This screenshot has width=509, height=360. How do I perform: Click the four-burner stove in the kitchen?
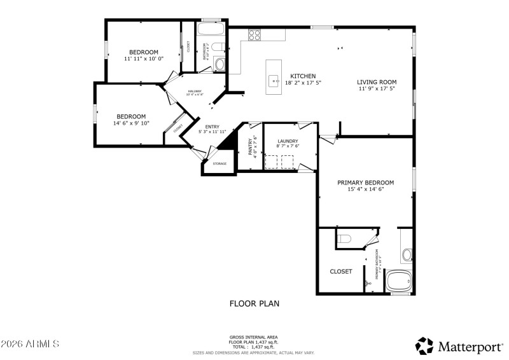254,35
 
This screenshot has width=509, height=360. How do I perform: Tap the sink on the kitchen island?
275,81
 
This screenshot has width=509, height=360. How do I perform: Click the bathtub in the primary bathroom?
400,280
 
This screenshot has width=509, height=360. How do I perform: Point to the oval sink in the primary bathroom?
407,256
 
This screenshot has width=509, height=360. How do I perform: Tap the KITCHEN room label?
303,76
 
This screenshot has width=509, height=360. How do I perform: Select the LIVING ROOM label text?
377,82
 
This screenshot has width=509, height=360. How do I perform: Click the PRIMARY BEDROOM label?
365,183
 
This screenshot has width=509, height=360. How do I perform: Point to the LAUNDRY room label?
288,141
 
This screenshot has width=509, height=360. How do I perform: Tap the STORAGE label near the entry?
220,164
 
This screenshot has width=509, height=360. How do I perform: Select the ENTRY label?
212,127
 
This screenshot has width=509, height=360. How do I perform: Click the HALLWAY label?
195,92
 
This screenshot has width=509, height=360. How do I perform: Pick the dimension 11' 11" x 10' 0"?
144,59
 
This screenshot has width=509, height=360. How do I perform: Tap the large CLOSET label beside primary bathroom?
341,272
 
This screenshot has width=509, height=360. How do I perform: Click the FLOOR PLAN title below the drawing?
254,304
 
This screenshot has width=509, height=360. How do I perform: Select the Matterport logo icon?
424,345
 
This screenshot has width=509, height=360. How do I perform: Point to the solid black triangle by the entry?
228,142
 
